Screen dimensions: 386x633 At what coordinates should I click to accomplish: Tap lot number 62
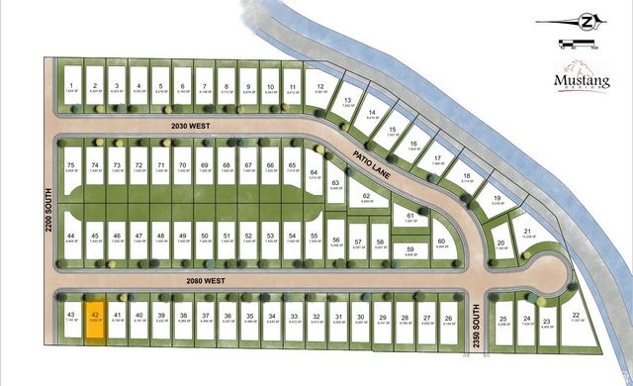point(367,199)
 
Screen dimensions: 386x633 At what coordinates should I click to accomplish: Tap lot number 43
point(71,319)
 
